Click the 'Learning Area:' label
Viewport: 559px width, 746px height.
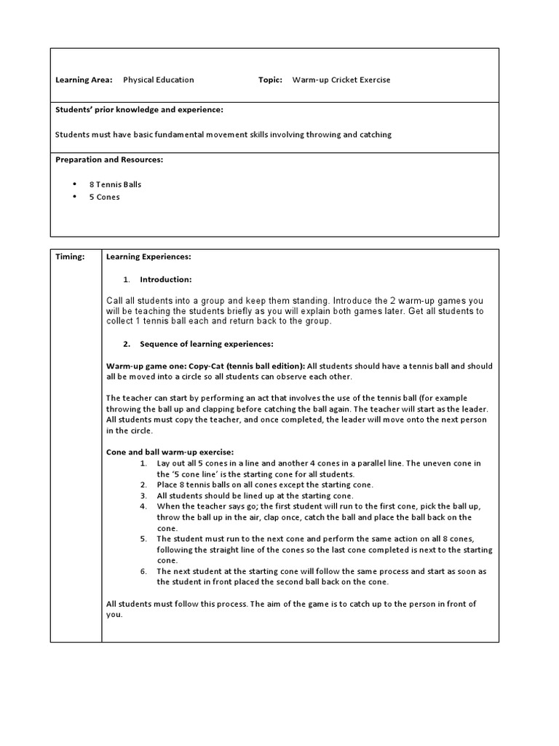point(84,80)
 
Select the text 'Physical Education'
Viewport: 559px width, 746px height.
point(158,80)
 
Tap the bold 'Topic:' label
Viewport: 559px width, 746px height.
point(270,80)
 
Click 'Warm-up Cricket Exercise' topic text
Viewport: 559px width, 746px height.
point(341,80)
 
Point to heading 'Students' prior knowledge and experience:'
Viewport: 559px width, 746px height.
point(139,109)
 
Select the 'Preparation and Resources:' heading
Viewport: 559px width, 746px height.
point(109,159)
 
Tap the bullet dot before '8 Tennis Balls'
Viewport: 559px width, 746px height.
point(76,184)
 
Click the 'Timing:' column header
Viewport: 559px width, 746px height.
point(70,256)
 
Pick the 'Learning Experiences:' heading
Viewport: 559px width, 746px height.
point(148,256)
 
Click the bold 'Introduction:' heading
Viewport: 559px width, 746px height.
point(166,280)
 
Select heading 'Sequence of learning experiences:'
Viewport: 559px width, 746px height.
point(206,343)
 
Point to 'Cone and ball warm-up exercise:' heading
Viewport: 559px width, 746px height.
point(170,452)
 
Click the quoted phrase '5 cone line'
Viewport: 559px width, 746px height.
point(197,474)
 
